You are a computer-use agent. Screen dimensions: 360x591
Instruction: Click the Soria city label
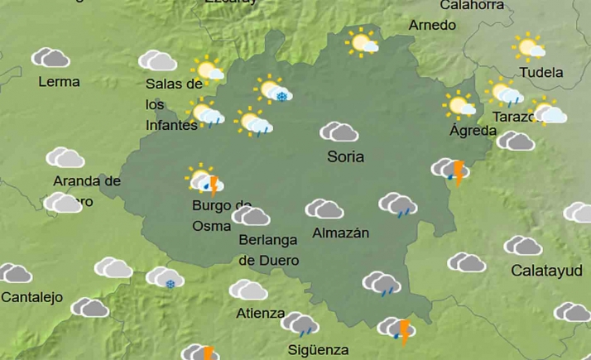[x=346, y=156]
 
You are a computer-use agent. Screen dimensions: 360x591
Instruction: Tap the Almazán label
[x=340, y=233]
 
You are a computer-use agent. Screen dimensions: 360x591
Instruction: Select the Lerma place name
[x=60, y=82]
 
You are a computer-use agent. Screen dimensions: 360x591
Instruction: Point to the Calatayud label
[x=546, y=271]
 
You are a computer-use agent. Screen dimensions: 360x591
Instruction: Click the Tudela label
[x=541, y=73]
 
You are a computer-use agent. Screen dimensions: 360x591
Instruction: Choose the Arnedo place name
[x=432, y=26]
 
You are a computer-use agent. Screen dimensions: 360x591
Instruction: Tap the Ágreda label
[x=473, y=131]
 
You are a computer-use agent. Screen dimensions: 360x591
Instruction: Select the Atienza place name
[x=261, y=314]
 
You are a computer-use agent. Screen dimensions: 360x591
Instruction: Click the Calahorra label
[x=472, y=6]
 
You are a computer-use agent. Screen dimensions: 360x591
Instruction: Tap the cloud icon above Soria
[x=339, y=132]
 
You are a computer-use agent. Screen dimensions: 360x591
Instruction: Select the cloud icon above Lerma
[x=50, y=58]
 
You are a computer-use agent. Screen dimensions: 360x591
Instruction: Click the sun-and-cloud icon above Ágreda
[x=459, y=105]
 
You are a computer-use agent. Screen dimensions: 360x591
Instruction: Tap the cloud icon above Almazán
[x=324, y=209]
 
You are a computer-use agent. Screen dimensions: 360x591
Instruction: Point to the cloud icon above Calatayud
[x=523, y=246]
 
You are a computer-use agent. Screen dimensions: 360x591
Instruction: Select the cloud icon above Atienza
[x=248, y=290]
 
